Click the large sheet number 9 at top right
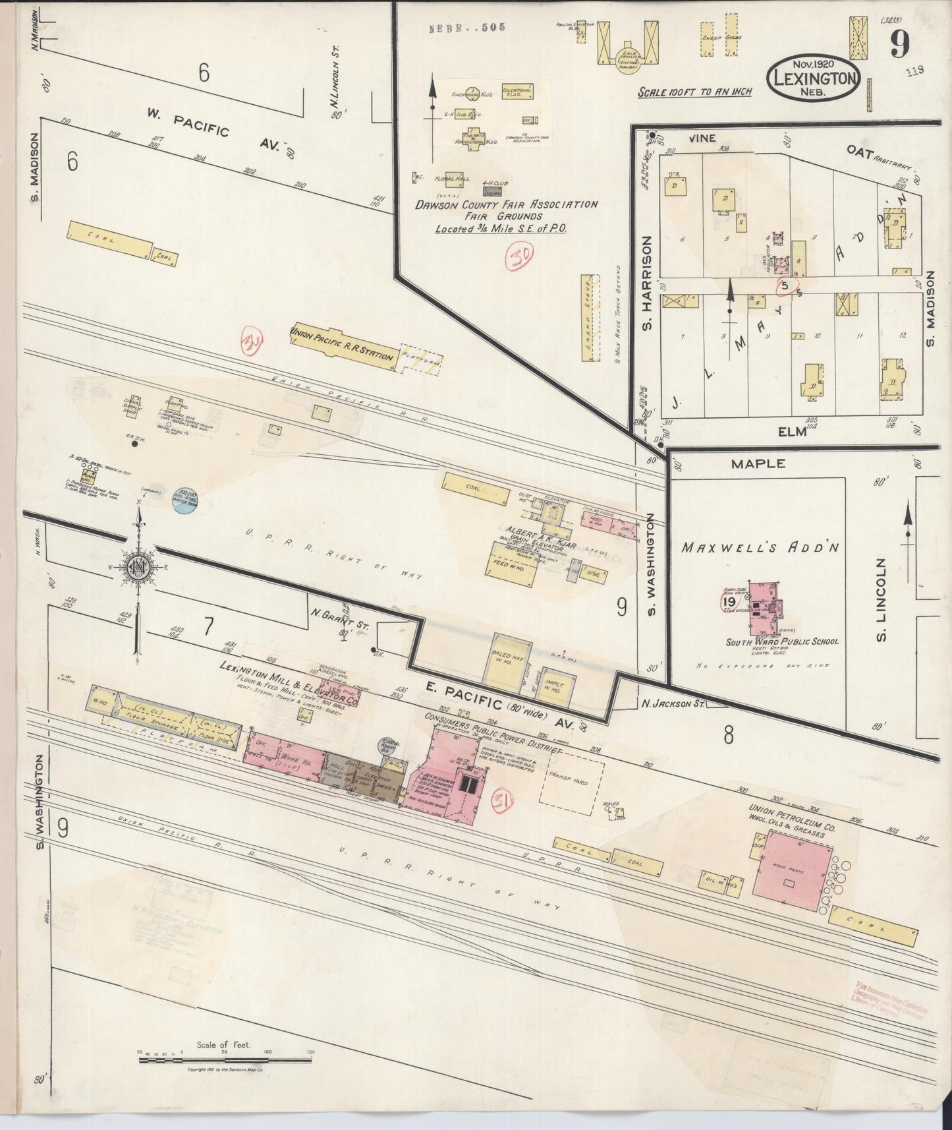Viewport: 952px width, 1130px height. tap(900, 45)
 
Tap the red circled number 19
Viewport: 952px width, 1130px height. tap(729, 601)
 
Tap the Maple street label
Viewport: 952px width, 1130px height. tap(758, 463)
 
